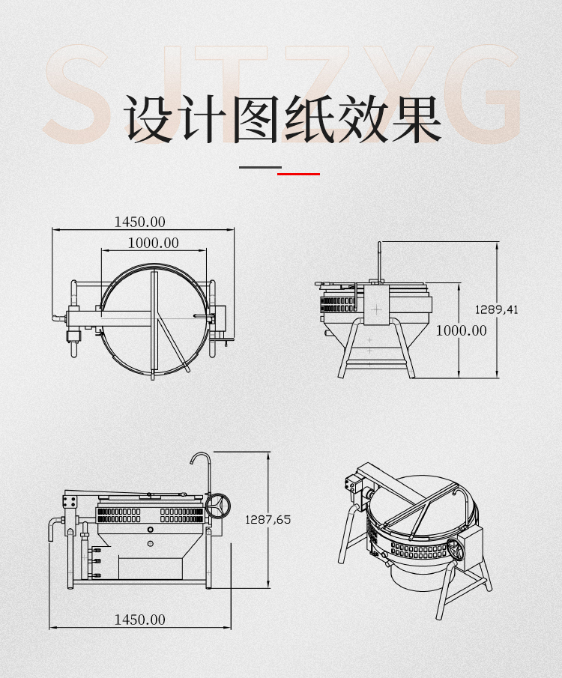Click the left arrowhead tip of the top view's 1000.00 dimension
click(102, 250)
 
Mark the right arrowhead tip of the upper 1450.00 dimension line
click(234, 229)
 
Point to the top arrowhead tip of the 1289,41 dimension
click(497, 242)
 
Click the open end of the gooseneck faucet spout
click(191, 464)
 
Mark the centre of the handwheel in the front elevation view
click(217, 506)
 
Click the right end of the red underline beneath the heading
click(320, 174)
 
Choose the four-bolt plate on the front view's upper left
click(70, 502)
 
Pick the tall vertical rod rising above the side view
click(379, 261)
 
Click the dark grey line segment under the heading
click(261, 167)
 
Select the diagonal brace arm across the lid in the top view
click(173, 343)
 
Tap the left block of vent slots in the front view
click(119, 515)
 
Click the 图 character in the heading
click(256, 118)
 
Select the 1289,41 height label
click(496, 309)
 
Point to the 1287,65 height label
click(268, 519)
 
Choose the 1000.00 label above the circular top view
click(154, 243)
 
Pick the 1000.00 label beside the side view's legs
click(461, 331)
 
